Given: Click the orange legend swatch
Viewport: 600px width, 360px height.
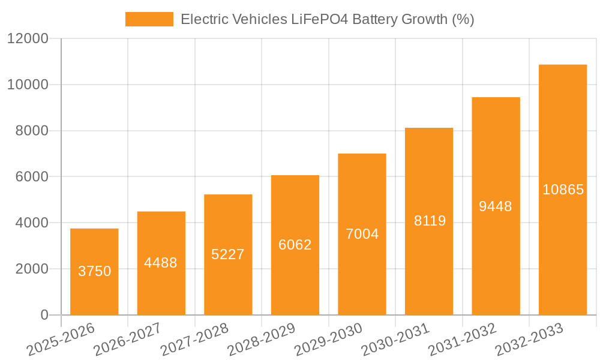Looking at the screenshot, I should coord(149,19).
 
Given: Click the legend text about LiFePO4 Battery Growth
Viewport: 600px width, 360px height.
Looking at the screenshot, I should coord(327,19).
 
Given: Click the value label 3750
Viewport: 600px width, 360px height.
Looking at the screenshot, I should coord(95,271).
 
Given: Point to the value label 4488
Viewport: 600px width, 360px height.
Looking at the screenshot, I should coord(161,263).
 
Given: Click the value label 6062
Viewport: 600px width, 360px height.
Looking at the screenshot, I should coord(295,245).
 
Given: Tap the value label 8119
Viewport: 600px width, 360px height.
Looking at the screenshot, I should coord(430,221).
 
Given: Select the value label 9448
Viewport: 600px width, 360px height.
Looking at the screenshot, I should coord(496,206).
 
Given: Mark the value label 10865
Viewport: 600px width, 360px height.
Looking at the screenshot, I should coord(563,190).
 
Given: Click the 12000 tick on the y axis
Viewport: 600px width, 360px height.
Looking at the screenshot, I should coord(28,38).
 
